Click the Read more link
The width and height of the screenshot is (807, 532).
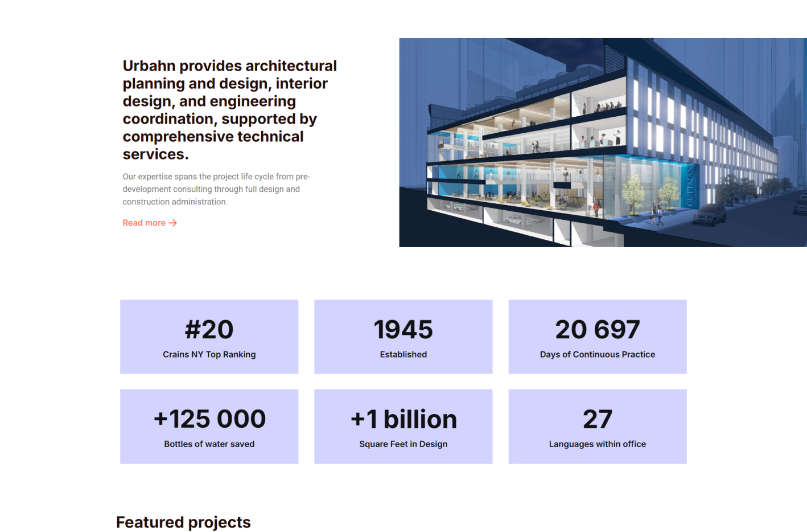click(x=150, y=223)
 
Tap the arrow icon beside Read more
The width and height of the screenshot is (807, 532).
click(x=173, y=223)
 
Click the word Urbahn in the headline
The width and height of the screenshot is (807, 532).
click(x=149, y=66)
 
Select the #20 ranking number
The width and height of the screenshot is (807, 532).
click(x=209, y=330)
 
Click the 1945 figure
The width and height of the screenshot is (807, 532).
click(x=403, y=330)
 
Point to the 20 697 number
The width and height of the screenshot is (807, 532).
click(x=598, y=330)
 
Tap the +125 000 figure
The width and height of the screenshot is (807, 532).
click(x=209, y=419)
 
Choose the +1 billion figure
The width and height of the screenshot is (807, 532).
click(x=403, y=419)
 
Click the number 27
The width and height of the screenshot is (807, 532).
click(x=598, y=419)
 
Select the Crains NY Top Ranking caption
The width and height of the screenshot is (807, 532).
click(x=209, y=354)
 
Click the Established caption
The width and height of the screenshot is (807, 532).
click(x=403, y=354)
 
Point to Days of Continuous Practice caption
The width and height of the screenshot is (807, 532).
click(x=598, y=354)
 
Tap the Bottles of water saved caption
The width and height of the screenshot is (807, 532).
click(x=209, y=444)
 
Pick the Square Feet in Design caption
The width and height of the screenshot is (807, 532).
click(x=403, y=444)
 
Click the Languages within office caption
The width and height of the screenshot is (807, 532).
click(x=598, y=444)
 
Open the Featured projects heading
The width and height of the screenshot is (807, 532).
click(x=183, y=522)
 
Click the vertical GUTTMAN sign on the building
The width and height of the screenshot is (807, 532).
click(x=690, y=186)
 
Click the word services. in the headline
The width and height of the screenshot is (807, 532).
click(x=155, y=154)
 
